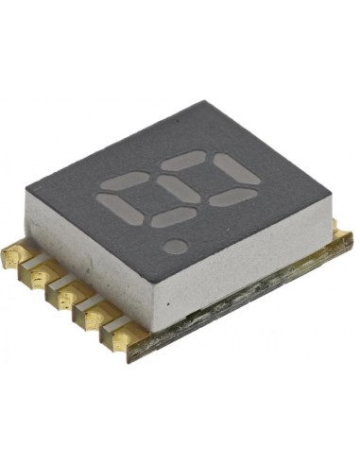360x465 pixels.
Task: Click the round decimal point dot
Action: click(174, 246)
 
